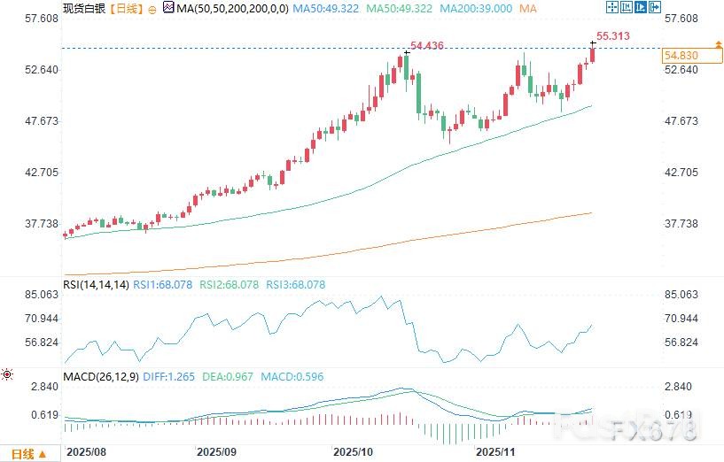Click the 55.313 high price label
point(613,35)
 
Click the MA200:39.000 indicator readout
point(479,8)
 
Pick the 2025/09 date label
point(216,450)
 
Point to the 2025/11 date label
point(494,450)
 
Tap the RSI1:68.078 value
point(165,285)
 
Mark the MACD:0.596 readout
point(292,377)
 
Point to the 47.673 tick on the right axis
point(681,121)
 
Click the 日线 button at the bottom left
point(22,454)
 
